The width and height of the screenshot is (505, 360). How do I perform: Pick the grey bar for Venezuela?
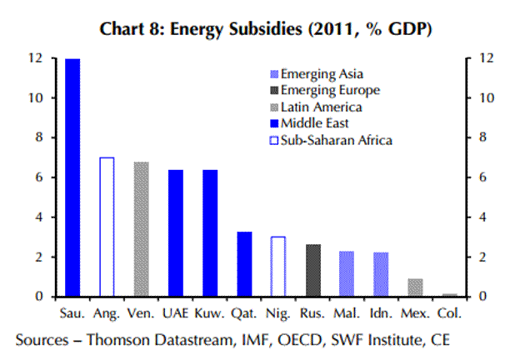click(141, 229)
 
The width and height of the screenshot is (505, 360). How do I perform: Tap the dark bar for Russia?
click(313, 270)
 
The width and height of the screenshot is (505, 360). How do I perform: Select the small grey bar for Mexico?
click(415, 287)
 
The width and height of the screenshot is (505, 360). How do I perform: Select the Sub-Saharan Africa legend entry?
click(332, 140)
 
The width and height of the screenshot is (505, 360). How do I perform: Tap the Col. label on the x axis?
click(450, 316)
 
